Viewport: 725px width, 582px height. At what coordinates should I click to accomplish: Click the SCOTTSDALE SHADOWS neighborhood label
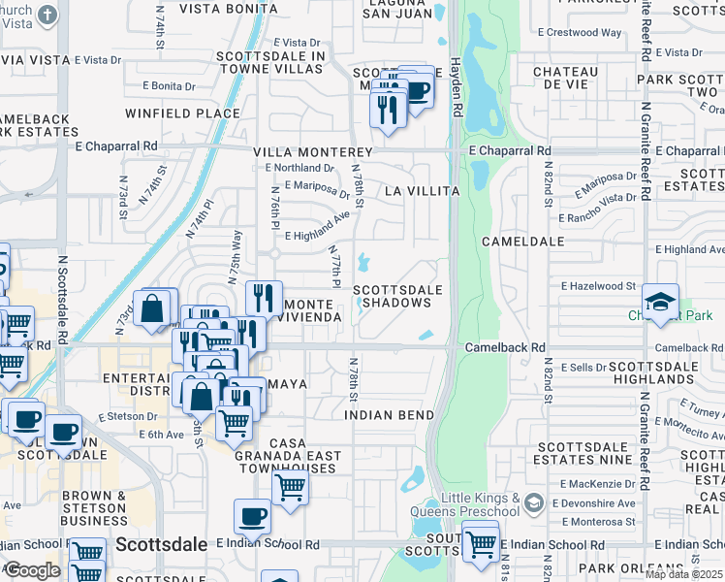click(x=397, y=296)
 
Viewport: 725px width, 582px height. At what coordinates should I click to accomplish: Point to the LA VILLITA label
click(x=421, y=192)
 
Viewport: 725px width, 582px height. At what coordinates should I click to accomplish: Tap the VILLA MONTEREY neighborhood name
click(x=313, y=153)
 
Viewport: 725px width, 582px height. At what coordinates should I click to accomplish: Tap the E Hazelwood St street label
click(x=598, y=286)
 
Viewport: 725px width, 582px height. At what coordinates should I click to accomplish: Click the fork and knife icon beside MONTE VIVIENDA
click(x=264, y=298)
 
